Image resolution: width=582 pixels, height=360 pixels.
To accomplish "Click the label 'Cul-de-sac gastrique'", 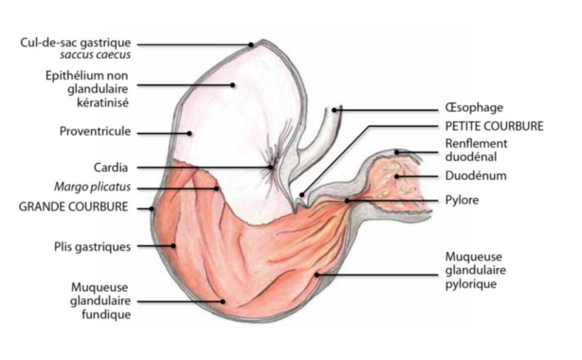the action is coord(75,43).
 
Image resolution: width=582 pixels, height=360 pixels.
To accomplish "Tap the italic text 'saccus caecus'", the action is coord(95,55).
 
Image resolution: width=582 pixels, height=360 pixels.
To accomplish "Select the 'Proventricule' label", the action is coord(95,132).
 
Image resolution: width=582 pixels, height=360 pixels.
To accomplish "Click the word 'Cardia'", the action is coord(110,167).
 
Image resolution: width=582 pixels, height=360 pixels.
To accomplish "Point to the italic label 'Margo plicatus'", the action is coord(92,186).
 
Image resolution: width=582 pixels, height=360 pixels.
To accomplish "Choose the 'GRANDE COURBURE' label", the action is coord(73,207).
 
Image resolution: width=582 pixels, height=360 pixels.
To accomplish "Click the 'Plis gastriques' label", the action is coord(92,247).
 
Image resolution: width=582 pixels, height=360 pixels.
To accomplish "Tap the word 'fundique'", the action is coord(106,315).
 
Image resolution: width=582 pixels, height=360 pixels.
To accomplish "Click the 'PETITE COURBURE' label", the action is coord(494,126).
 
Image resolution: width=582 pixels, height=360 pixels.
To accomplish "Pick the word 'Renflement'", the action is coord(476,143).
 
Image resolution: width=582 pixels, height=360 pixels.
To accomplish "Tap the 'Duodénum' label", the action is coord(476,176).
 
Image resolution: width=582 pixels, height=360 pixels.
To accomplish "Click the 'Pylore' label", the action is coord(462,200).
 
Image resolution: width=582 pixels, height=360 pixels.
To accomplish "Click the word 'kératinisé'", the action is coord(103,102).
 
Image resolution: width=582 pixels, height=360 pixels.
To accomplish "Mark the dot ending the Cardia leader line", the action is coord(271,167).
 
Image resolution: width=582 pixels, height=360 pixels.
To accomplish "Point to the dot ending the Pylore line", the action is coord(347,200).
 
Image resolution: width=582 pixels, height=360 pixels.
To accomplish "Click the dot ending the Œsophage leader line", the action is coord(334,110).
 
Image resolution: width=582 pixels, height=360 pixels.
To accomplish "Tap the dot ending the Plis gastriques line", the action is coord(173,245).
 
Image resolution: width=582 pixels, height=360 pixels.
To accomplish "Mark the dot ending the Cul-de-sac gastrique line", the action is coord(251,45).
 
